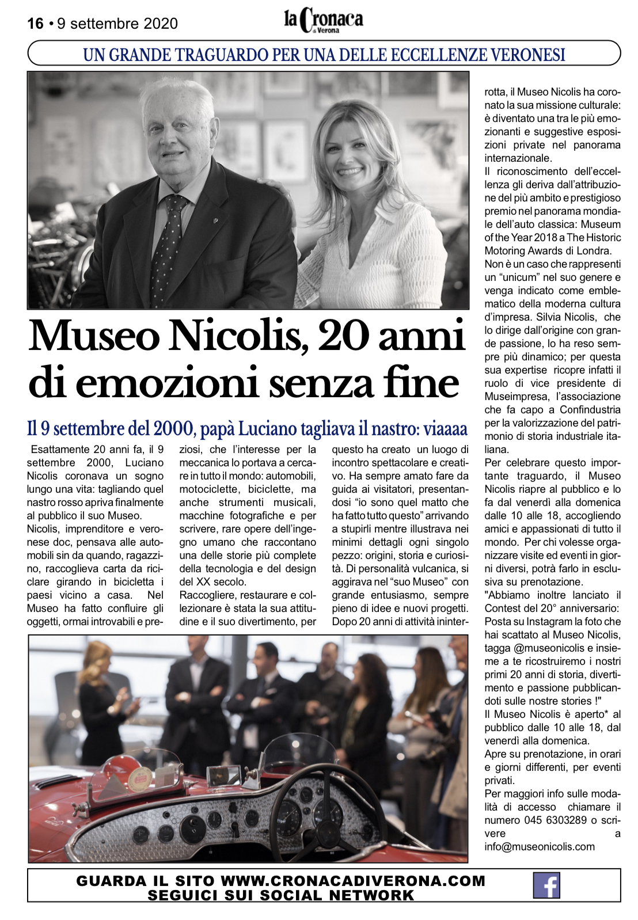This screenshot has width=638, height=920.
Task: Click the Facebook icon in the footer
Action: (x=546, y=885)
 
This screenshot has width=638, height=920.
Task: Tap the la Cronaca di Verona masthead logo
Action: (x=324, y=20)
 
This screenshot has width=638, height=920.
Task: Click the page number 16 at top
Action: (x=35, y=24)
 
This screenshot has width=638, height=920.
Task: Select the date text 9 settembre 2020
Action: (x=117, y=24)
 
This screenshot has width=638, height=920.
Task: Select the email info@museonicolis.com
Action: (x=540, y=847)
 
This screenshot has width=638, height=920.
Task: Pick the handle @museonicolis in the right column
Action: (x=547, y=648)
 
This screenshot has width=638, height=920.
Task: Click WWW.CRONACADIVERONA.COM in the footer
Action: (x=353, y=881)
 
